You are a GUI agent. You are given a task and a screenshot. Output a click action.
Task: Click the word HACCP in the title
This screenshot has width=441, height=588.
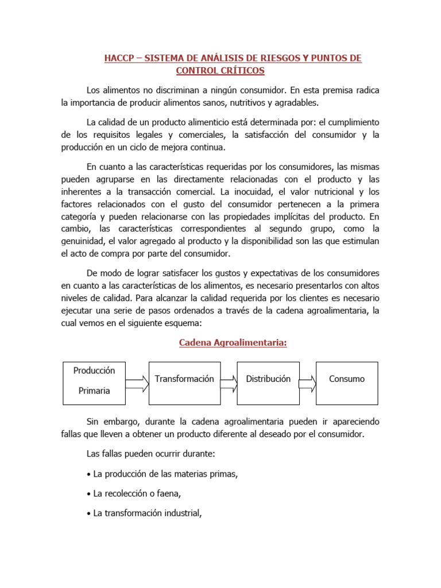coord(117,59)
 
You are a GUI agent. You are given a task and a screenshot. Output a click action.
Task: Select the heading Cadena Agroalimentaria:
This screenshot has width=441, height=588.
coord(233,343)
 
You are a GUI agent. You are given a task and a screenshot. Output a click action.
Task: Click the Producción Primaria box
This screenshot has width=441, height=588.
coord(94,381)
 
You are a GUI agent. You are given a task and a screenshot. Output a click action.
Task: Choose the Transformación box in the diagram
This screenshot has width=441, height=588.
coord(184,379)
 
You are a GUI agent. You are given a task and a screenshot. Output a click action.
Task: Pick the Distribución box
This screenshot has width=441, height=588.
coord(268,379)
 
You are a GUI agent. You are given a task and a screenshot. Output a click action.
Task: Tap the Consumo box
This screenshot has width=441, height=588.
coord(347,379)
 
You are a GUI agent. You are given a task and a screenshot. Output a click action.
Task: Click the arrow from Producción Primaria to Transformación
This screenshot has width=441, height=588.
coord(137,384)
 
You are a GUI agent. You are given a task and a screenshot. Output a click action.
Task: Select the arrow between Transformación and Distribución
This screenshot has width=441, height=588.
coord(227,384)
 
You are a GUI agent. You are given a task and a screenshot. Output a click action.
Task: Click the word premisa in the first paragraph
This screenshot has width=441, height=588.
coord(337,91)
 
